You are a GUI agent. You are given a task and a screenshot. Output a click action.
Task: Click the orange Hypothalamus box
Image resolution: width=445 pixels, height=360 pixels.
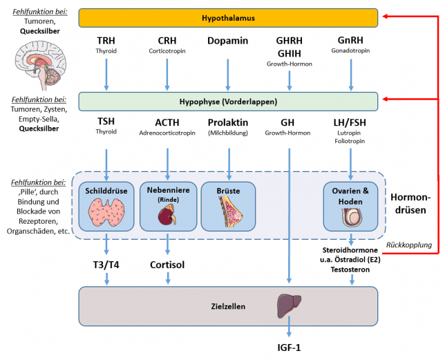(227, 17)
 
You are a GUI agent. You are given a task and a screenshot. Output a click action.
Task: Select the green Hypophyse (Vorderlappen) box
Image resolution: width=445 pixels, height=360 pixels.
(227, 102)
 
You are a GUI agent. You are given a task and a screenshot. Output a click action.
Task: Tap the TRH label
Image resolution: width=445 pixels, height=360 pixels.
(106, 41)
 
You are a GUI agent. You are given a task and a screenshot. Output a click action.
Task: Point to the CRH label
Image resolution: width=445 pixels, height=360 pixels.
(167, 41)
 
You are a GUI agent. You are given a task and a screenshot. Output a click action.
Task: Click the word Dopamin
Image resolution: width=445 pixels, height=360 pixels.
(227, 41)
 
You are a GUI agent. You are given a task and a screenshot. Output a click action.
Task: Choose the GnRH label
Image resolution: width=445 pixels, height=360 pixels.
(351, 41)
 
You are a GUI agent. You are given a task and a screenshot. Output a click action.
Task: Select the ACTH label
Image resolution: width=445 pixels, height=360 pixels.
(167, 122)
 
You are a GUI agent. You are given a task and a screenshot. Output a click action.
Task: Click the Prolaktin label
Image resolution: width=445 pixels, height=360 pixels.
(227, 122)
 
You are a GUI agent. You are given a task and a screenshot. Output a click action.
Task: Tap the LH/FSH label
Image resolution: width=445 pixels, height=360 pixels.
(351, 122)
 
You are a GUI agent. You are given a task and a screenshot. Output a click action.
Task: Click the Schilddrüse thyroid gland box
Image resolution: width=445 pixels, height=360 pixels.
(106, 206)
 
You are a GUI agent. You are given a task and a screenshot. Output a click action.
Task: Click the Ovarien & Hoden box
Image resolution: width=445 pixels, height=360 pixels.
(351, 206)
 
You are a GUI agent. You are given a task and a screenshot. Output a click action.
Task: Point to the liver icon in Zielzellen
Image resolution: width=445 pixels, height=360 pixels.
(289, 303)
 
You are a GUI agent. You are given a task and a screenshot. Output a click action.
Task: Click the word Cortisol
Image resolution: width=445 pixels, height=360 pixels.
(167, 264)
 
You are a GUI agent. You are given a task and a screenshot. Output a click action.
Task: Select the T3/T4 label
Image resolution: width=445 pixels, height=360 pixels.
(106, 264)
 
